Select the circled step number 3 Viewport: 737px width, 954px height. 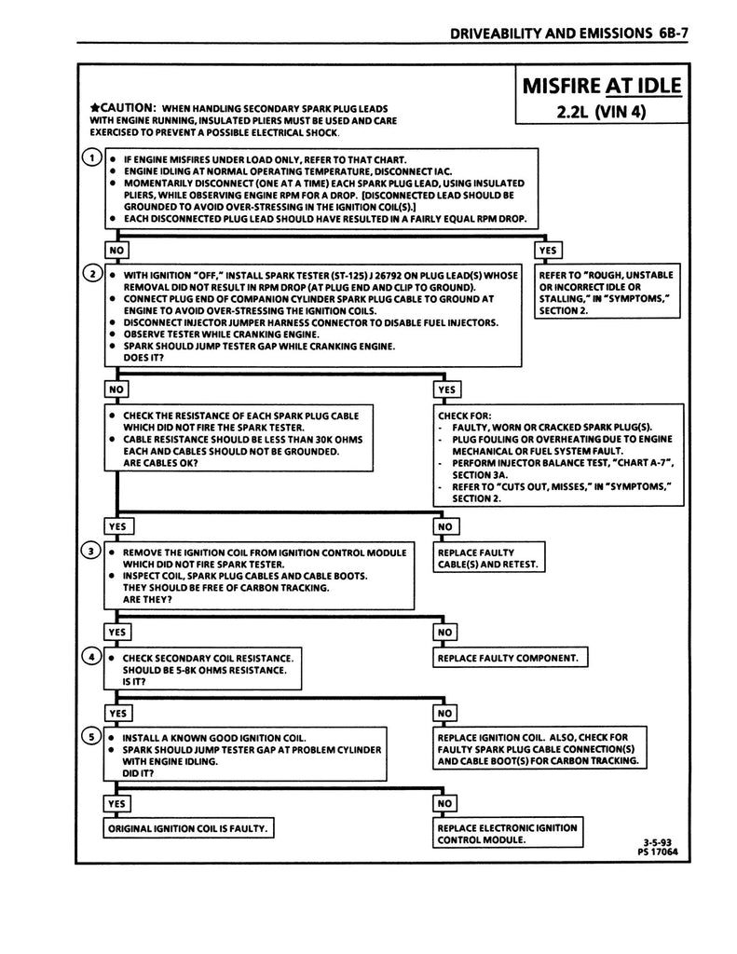tap(90, 551)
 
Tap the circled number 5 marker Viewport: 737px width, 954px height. tap(90, 736)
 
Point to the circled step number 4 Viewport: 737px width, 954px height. tap(90, 657)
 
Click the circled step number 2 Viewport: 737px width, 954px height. tap(90, 274)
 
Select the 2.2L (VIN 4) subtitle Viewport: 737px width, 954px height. tap(601, 115)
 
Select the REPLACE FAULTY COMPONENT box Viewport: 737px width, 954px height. tap(508, 659)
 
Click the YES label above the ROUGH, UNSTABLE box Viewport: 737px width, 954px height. tap(547, 251)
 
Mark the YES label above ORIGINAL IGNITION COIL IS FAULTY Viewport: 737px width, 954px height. tap(117, 803)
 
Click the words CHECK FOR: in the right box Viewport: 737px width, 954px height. tap(466, 416)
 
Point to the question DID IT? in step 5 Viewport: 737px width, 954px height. tap(138, 773)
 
